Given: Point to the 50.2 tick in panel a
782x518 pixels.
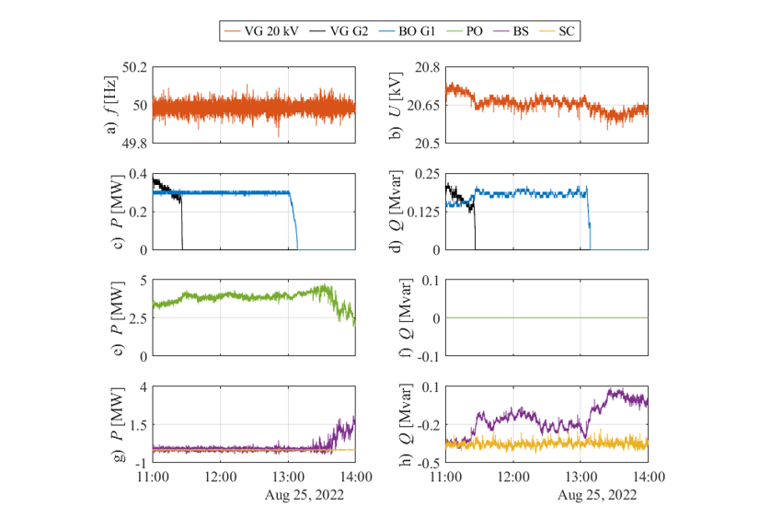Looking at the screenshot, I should pos(135,67).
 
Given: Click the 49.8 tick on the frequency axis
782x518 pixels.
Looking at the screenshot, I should pos(135,144).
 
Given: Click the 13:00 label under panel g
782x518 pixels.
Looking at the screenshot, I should pos(288,477).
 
